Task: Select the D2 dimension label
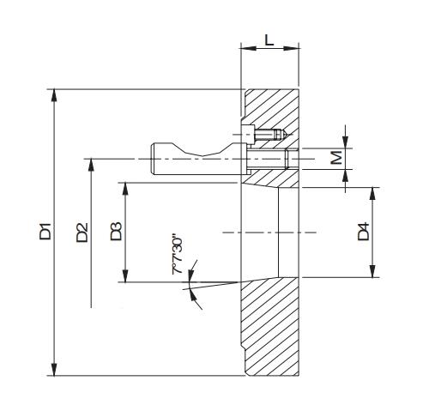82,233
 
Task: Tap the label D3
117,231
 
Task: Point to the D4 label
364,231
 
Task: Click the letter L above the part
269,39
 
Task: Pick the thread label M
336,157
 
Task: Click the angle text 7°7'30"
178,255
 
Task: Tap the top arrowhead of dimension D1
54,95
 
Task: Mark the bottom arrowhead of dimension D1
54,369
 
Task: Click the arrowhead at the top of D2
91,165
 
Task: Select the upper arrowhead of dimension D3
125,189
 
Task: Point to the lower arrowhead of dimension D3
125,276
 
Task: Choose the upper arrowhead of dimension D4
372,194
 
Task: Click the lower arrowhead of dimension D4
372,271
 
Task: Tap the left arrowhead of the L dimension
248,48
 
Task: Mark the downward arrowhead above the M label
346,142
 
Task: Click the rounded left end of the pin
153,159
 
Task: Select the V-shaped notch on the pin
202,151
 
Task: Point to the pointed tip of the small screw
287,134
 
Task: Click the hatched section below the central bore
270,326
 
